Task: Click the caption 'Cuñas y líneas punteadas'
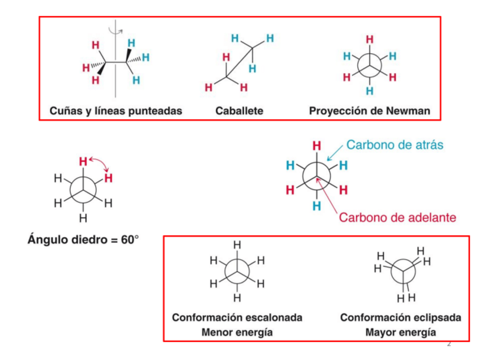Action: (x=115, y=111)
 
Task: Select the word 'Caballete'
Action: (x=239, y=111)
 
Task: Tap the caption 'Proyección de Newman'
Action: (x=369, y=111)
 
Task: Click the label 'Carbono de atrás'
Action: (x=395, y=145)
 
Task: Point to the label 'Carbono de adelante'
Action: (x=397, y=216)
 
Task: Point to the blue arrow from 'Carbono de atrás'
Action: (x=335, y=153)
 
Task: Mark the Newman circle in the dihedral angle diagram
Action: (x=83, y=190)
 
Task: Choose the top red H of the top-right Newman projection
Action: (x=370, y=39)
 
